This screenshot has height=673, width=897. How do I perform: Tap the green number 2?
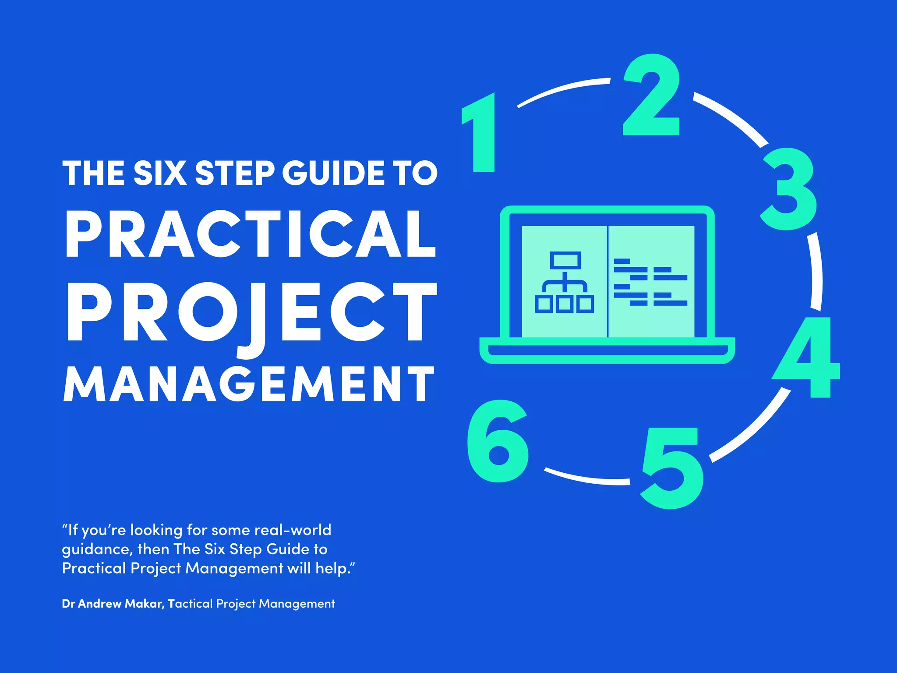coord(651,96)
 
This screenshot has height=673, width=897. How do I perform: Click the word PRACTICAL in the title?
coord(251,234)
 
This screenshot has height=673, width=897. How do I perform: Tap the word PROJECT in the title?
coord(251,312)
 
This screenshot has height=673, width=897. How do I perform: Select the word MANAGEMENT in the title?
coord(249,384)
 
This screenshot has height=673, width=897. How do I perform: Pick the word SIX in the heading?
coord(160,173)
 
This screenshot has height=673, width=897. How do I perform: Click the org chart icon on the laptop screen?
coord(565,282)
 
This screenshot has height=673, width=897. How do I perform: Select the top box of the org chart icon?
coord(565,260)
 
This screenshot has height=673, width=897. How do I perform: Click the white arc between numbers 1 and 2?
coord(563,90)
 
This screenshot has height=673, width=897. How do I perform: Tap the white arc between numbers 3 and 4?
coord(816,272)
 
